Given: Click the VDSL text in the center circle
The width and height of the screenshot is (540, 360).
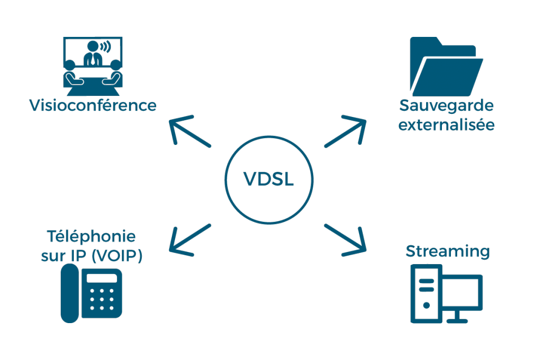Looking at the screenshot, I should [269, 180].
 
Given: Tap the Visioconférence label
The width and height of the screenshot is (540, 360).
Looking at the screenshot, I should [93, 105].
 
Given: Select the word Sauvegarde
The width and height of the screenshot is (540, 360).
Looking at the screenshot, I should [446, 106].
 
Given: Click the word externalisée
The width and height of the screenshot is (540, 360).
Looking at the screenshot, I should [446, 126].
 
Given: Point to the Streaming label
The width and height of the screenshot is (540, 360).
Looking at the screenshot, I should [447, 251].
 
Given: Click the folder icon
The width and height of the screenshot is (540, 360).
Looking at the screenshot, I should [446, 66].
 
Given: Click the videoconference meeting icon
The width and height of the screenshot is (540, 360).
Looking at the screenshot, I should [93, 62].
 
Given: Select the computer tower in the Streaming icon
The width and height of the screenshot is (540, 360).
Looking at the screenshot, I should [426, 293].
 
